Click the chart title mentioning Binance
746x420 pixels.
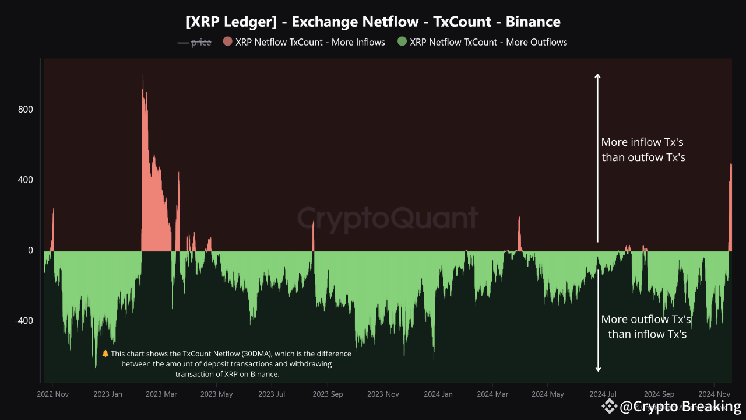tap(373, 22)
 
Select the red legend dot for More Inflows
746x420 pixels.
tap(227, 41)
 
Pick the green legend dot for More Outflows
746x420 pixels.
tap(402, 41)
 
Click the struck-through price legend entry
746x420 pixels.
tap(194, 42)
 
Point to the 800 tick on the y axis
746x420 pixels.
tap(25, 110)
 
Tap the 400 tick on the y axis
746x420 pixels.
tap(25, 180)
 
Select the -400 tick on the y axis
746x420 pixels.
tap(23, 321)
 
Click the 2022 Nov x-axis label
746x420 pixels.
tap(52, 394)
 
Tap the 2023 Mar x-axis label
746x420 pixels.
tap(161, 394)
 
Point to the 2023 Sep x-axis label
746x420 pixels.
tap(328, 394)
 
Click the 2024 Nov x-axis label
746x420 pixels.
tap(715, 394)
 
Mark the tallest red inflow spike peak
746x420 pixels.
tap(143, 75)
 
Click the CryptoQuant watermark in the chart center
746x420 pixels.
tap(388, 219)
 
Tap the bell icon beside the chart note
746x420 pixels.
tap(105, 353)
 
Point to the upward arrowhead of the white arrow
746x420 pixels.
tap(597, 75)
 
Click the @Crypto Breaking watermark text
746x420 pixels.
tap(680, 406)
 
